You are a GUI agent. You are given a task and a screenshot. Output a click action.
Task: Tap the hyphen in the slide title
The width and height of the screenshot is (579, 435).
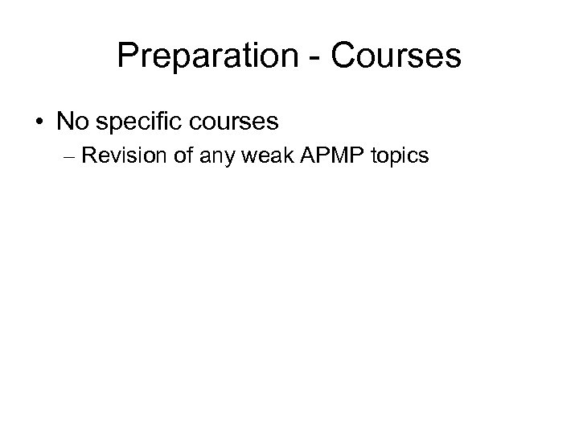point(310,58)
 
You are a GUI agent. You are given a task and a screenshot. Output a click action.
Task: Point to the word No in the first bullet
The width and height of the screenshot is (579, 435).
point(71,122)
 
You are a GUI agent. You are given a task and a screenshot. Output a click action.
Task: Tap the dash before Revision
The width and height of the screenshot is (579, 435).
point(68,156)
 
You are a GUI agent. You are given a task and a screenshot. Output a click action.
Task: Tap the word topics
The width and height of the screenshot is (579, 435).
point(400,156)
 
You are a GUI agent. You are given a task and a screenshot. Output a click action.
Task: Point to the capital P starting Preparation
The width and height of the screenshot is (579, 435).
point(126,56)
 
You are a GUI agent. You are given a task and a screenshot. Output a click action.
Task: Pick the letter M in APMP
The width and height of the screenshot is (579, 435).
point(329,155)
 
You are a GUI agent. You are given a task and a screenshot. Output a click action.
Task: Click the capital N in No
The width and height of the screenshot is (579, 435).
point(64,122)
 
